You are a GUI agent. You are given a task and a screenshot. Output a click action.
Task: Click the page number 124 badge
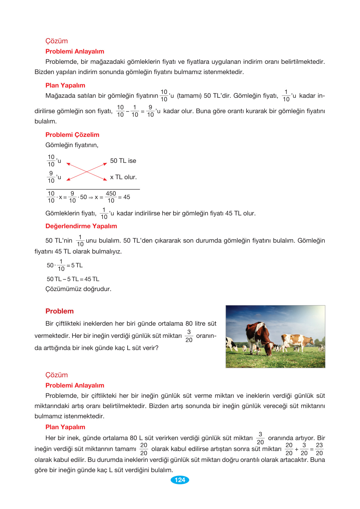pos(180,480)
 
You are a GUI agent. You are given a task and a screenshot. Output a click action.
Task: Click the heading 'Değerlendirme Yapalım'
pos(81,226)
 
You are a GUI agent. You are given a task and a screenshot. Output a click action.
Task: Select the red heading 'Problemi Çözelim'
pos(72,135)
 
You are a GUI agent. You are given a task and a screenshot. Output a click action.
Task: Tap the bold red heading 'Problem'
pos(59,311)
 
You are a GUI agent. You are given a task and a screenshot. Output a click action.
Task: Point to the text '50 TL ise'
pos(123,161)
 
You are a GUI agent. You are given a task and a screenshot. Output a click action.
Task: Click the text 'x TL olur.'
pos(123,177)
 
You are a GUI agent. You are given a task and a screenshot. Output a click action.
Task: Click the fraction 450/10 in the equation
pos(111,197)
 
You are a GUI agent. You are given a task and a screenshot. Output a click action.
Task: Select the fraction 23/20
pos(319,449)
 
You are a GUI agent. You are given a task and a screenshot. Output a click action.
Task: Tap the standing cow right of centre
pos(297,342)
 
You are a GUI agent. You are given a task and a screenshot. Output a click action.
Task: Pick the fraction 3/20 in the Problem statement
pos(189,336)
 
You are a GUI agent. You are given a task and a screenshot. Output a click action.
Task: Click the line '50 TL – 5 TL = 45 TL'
pos(73,279)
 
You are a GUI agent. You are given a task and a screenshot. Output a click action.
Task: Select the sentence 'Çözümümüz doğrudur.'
pos(78,289)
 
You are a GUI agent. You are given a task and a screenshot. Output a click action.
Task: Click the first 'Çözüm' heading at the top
pos(56,41)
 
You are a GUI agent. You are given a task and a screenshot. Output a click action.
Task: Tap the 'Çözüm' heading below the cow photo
pos(56,375)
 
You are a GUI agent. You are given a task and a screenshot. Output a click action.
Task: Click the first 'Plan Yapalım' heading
pos(65,85)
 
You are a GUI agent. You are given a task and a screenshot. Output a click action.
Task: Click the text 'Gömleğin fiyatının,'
pos(72,145)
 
